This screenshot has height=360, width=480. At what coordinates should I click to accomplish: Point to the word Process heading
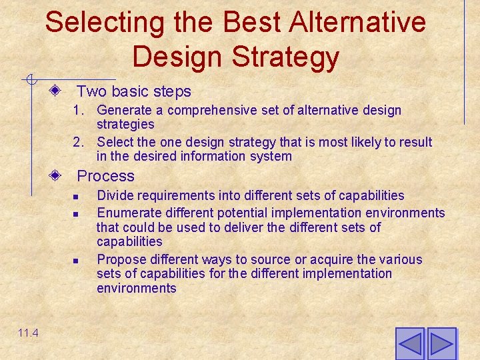[x=105, y=176]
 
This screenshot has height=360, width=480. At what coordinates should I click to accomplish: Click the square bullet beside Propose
[x=77, y=260]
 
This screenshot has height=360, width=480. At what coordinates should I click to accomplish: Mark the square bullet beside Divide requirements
[x=77, y=197]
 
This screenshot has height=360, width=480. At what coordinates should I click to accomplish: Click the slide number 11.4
[x=28, y=333]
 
